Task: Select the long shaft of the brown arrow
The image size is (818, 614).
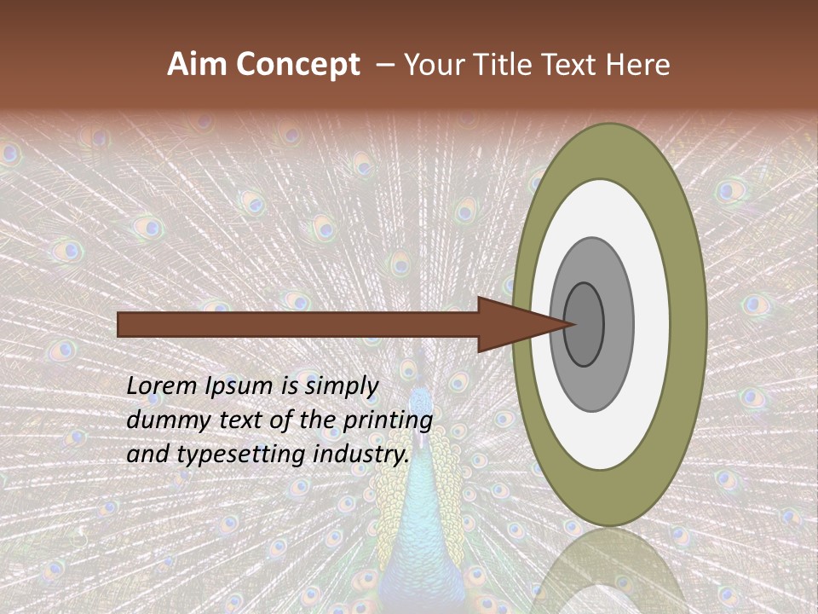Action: pos(298,324)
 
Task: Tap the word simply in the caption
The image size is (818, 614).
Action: pos(341,387)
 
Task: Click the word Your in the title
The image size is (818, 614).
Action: pos(432,65)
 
